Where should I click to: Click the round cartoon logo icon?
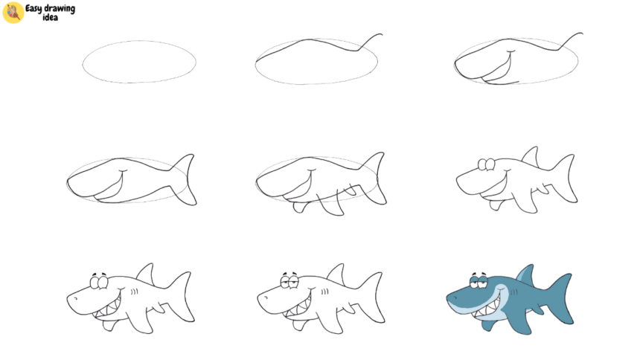tap(13, 13)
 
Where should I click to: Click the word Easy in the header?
tap(35, 8)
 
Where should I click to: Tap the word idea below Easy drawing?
tap(50, 17)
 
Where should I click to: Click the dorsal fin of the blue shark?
tap(525, 274)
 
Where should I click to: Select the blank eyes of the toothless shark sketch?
tap(486, 164)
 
